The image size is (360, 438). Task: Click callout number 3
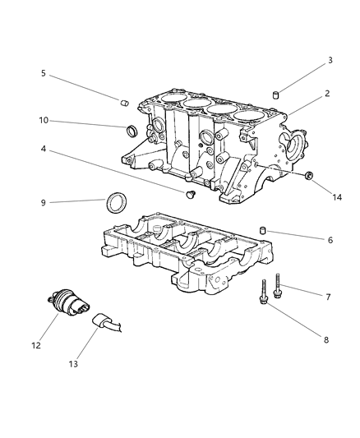[330, 60]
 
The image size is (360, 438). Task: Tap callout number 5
[44, 73]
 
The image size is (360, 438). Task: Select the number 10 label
[44, 121]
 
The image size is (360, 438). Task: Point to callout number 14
[337, 197]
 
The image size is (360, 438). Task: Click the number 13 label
[73, 364]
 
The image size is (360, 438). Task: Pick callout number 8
[326, 340]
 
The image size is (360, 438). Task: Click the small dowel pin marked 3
[276, 95]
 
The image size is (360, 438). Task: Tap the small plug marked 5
[125, 103]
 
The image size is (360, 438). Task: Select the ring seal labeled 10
[132, 131]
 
